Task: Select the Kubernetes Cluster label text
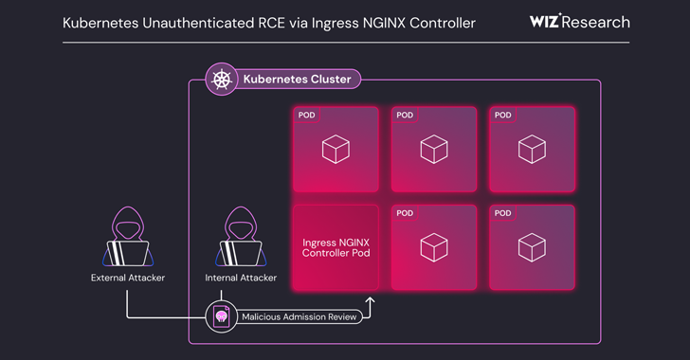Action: click(297, 80)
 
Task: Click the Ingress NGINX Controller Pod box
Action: click(336, 247)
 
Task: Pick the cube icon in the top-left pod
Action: click(336, 150)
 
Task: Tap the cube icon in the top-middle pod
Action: click(434, 150)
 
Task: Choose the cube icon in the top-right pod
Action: click(532, 150)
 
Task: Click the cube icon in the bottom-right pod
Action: click(532, 247)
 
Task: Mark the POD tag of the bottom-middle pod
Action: click(406, 213)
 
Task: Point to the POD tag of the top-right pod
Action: click(503, 116)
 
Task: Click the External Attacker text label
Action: click(127, 278)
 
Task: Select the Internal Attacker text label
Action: click(241, 278)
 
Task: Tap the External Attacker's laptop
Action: click(127, 254)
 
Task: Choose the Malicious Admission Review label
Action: click(300, 317)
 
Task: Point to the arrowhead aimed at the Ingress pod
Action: click(371, 301)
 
